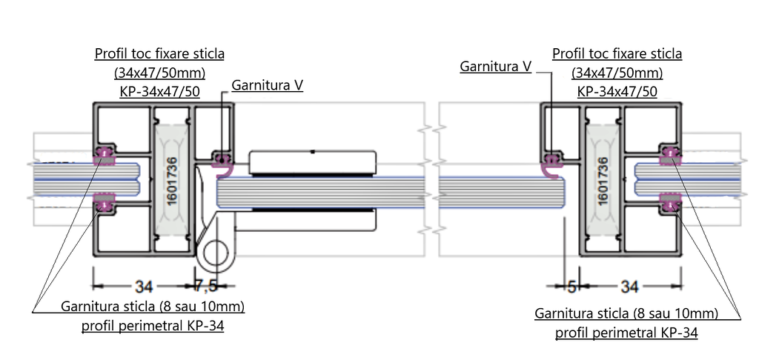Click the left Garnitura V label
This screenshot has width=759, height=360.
(267, 85)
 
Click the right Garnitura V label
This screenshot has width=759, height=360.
(495, 67)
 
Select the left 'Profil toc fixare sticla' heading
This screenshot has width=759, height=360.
(159, 54)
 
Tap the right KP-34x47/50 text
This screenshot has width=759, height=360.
(617, 92)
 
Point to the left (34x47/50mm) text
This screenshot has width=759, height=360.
(159, 73)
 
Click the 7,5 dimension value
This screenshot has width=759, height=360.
(206, 284)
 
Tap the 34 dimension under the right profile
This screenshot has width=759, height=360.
(629, 284)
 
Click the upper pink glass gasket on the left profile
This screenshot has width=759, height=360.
(105, 153)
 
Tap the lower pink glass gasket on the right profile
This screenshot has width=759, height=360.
(670, 202)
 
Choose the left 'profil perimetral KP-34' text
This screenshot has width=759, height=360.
(153, 326)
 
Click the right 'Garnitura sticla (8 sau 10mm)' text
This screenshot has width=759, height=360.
(626, 313)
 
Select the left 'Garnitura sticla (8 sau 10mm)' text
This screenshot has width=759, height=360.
(153, 306)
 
